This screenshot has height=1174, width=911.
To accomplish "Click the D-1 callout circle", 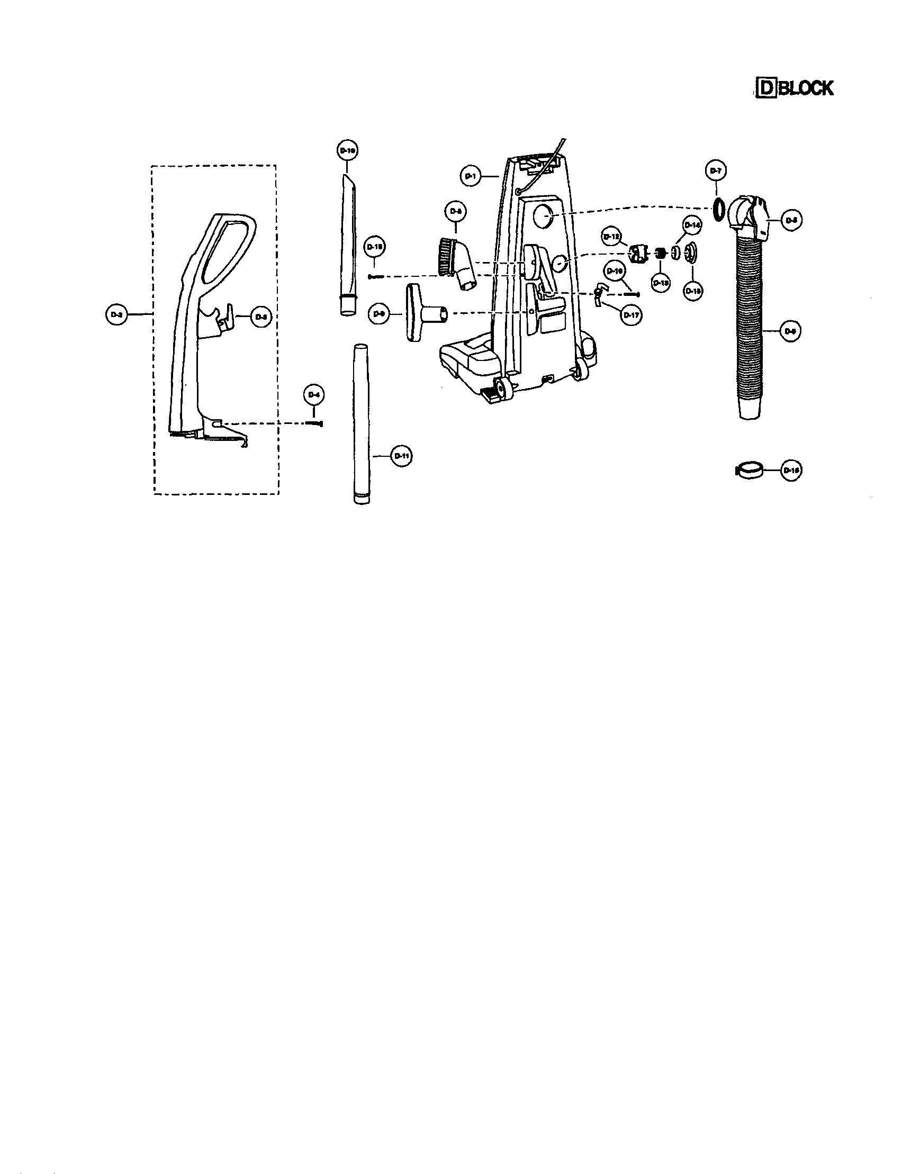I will pos(470,176).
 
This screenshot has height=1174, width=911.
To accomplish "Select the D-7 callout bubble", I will pos(715,171).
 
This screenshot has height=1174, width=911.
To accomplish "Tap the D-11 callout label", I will pos(401,456).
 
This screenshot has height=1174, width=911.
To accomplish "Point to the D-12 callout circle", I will pos(611,236).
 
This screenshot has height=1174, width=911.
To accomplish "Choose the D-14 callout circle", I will pos(692,225).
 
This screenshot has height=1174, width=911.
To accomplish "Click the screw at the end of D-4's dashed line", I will pos(315,424).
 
